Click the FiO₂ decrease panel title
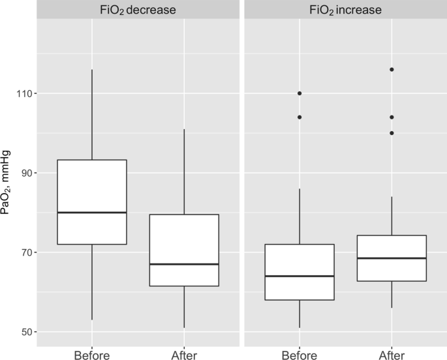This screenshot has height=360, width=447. [138, 10]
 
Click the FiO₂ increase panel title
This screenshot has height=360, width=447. [345, 10]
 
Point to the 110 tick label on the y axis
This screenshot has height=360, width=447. [25, 94]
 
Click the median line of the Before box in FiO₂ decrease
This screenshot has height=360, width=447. [92, 213]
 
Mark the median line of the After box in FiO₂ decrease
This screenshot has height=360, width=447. [185, 264]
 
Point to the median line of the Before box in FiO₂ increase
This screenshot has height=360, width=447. [300, 276]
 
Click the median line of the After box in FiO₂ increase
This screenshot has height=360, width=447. [392, 258]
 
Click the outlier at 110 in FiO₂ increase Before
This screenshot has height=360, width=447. [300, 93]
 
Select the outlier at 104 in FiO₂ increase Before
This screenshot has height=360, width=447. [300, 117]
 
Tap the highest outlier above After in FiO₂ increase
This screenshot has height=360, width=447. [392, 69]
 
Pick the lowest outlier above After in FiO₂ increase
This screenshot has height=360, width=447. [392, 133]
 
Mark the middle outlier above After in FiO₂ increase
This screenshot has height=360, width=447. [392, 117]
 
